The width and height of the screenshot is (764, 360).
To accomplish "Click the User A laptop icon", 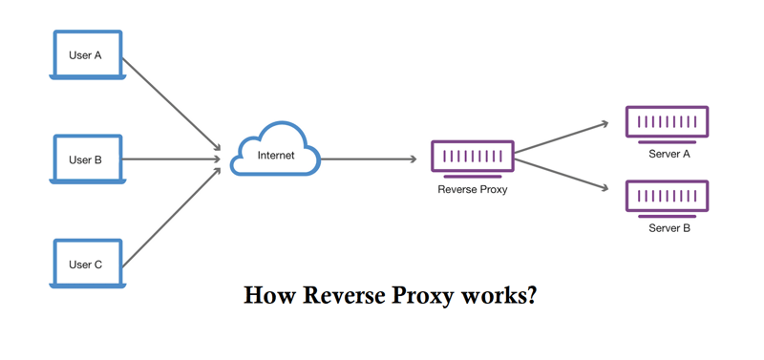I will click(x=85, y=55).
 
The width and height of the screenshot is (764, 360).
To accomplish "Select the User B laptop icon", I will click(x=85, y=159).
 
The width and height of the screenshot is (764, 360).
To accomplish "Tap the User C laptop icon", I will click(x=85, y=264).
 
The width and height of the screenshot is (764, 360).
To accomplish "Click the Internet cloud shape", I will click(x=276, y=152).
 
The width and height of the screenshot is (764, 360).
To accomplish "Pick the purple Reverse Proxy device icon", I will click(x=472, y=156).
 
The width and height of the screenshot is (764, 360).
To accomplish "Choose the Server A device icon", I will click(x=667, y=122).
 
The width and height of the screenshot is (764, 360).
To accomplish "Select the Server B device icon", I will click(x=667, y=196).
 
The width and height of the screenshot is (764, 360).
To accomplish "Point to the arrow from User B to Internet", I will click(x=172, y=159).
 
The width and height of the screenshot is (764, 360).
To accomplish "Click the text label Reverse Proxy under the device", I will click(x=472, y=189).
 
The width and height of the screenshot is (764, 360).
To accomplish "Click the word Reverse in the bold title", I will click(x=341, y=295).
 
